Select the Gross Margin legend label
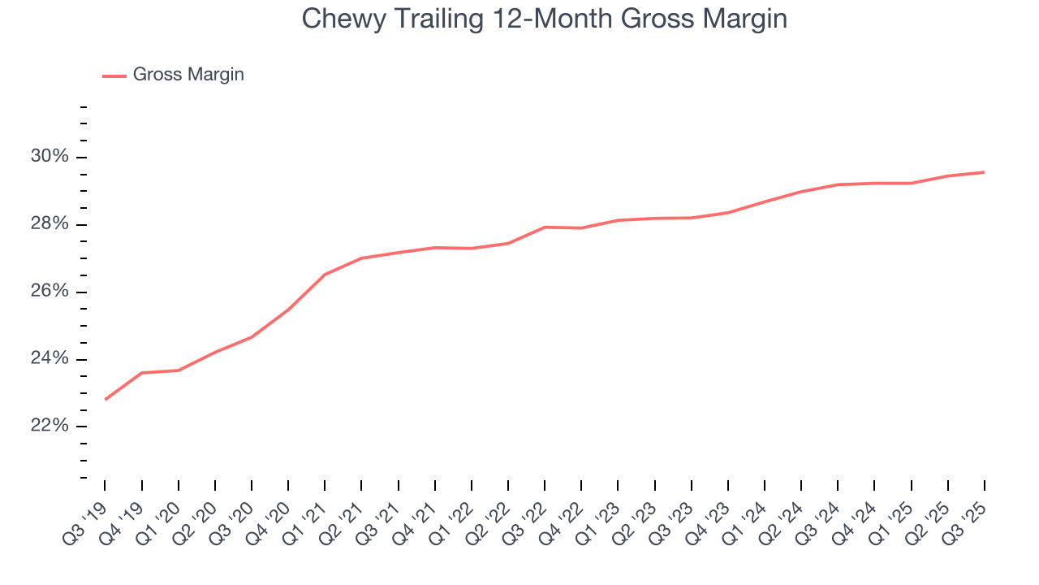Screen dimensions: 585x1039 point(188,75)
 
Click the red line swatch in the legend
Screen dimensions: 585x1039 point(114,76)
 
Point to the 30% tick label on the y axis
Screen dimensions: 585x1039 point(51,157)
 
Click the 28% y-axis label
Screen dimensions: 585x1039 point(51,224)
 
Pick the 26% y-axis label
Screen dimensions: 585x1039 point(51,292)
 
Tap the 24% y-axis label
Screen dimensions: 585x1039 point(51,359)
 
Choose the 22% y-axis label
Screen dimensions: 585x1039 point(51,427)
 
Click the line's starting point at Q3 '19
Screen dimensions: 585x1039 point(106,400)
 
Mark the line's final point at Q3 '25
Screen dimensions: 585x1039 point(985,172)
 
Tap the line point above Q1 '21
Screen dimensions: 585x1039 point(325,275)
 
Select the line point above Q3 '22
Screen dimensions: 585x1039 point(545,227)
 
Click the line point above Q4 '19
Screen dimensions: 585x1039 point(142,373)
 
